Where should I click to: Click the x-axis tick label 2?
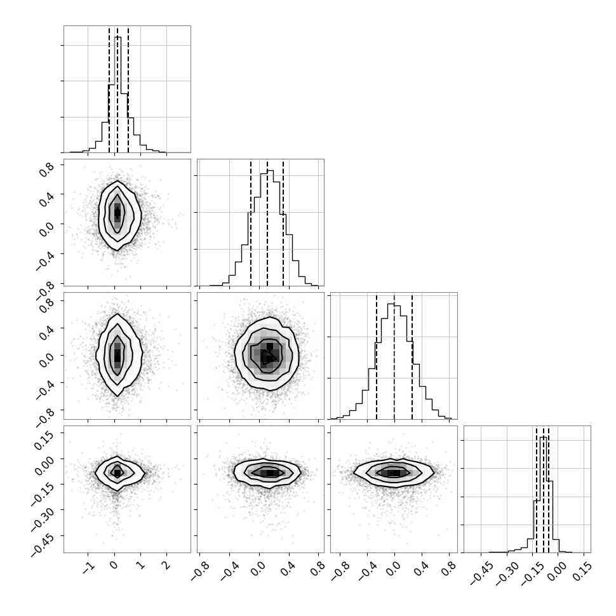[167, 565]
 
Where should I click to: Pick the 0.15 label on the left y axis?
[46, 440]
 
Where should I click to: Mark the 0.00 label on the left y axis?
[46, 465]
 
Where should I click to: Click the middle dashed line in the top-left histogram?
[117, 89]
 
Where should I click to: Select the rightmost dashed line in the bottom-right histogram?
[549, 489]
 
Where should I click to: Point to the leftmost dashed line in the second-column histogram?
[251, 223]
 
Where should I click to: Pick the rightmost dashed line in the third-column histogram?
[412, 356]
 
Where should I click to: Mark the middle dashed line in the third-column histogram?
[394, 356]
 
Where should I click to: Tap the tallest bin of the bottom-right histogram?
[544, 495]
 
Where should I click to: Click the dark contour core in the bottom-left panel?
[117, 472]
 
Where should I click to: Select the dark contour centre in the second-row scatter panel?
[117, 213]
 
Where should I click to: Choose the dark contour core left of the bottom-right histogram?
[394, 473]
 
